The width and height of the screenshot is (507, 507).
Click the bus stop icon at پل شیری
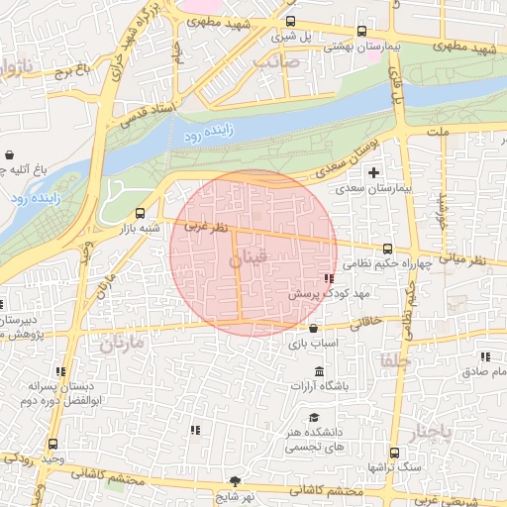click(x=290, y=21)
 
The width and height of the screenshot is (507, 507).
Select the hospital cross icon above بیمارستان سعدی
click(x=373, y=173)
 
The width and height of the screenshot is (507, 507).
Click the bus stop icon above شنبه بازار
click(x=140, y=212)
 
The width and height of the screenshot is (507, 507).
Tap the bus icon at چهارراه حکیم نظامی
click(x=387, y=250)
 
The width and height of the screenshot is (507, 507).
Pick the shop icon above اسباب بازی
click(x=314, y=329)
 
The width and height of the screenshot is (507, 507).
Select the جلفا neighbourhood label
click(x=393, y=360)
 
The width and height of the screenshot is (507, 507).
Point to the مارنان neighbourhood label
click(x=121, y=344)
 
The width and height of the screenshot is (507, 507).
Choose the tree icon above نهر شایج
click(x=235, y=479)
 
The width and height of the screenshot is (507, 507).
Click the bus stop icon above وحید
click(x=51, y=445)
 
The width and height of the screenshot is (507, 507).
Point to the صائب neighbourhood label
click(x=275, y=61)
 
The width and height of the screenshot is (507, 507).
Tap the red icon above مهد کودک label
click(x=329, y=280)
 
